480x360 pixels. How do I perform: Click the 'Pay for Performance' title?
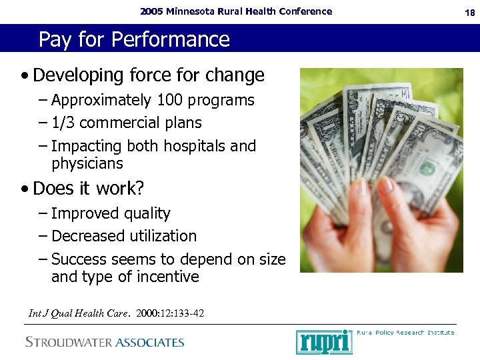[x=133, y=39]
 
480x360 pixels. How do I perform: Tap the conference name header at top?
[x=236, y=11]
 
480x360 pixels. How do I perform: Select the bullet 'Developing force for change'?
[x=148, y=75]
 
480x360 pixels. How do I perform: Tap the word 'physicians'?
[x=87, y=163]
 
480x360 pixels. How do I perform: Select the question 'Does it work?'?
[x=88, y=189]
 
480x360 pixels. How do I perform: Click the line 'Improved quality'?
[x=111, y=214]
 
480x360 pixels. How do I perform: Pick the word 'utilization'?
[x=163, y=237]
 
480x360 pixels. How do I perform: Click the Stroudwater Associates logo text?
[x=105, y=343]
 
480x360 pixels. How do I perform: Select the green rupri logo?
[x=323, y=342]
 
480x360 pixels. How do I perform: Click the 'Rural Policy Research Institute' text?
[x=405, y=332]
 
